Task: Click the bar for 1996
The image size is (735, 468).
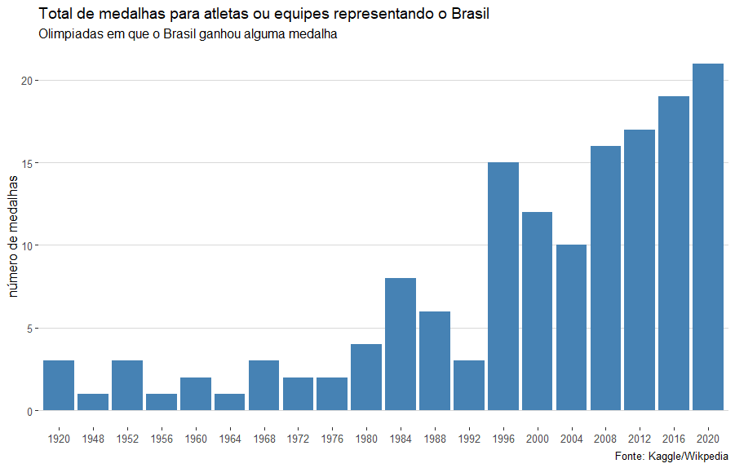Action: [x=503, y=286]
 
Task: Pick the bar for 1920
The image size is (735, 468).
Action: [x=59, y=386]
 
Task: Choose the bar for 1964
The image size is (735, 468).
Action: [x=229, y=402]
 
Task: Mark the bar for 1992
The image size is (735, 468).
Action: [x=469, y=386]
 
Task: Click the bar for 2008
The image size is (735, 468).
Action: [x=605, y=278]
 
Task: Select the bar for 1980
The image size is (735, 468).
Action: [x=366, y=377]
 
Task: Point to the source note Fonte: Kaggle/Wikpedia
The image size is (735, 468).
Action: [x=671, y=456]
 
